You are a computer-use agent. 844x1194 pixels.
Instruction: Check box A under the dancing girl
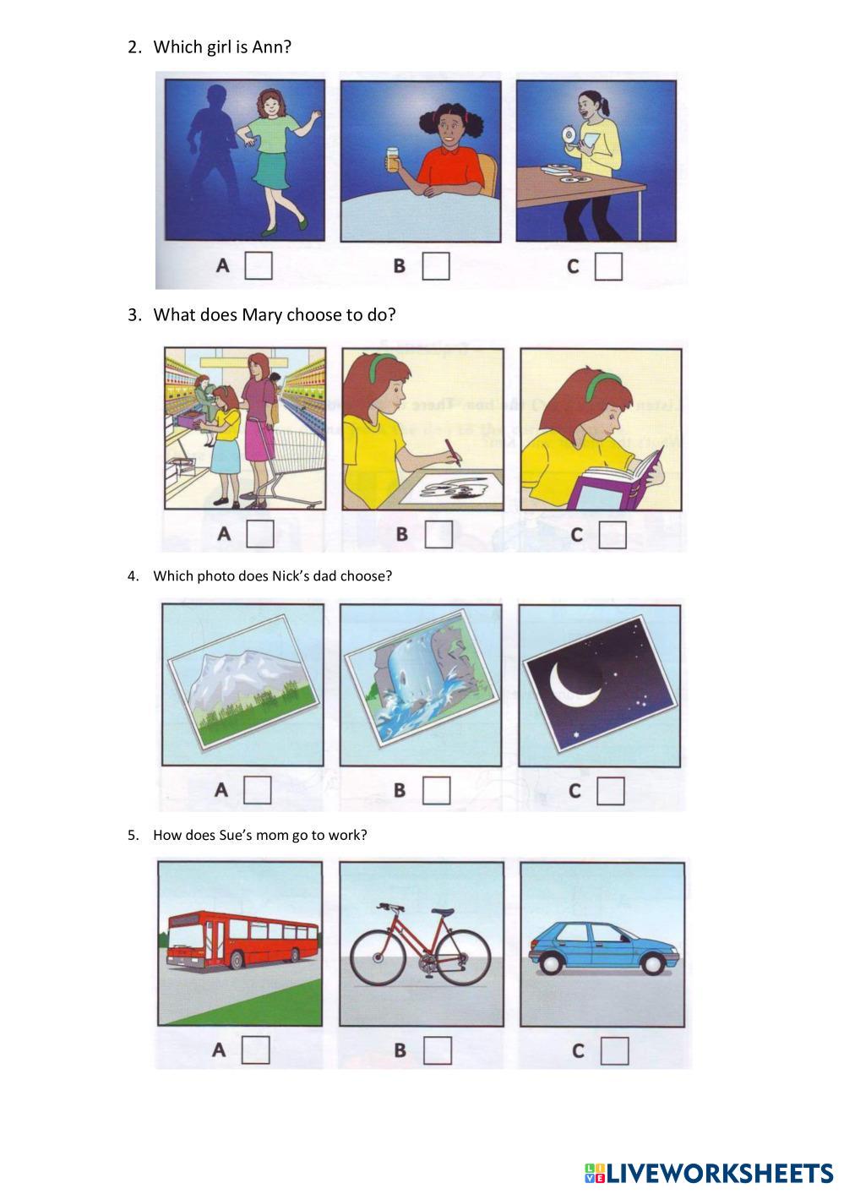pos(259,265)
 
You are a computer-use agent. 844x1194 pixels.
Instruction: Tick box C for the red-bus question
pos(614,1050)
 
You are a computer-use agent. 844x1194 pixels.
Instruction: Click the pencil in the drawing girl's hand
pos(452,453)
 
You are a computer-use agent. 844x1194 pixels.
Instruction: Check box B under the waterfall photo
pos(437,790)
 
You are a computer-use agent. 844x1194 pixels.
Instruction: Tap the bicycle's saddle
pos(442,913)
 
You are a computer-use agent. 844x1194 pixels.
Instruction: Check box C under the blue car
pos(614,1050)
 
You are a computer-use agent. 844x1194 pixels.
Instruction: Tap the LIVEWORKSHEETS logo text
pos(720,1173)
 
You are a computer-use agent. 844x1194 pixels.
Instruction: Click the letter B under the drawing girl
pos(402,533)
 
